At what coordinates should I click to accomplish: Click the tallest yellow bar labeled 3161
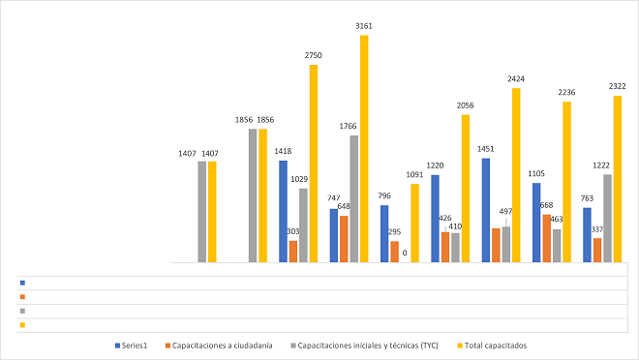click(x=364, y=149)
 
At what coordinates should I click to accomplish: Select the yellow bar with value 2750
click(x=314, y=164)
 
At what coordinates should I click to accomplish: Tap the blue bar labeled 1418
click(x=283, y=211)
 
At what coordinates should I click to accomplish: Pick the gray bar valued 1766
click(x=354, y=198)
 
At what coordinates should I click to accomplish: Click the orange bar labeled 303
click(x=293, y=252)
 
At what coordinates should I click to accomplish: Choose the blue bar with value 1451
click(x=486, y=210)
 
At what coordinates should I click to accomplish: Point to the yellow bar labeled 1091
click(x=414, y=223)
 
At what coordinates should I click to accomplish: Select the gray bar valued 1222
click(x=607, y=218)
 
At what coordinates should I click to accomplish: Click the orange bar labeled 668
click(x=547, y=238)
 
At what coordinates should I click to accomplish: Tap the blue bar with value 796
click(x=384, y=233)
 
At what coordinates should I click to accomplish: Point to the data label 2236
click(x=566, y=93)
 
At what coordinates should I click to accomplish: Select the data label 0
click(x=404, y=254)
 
